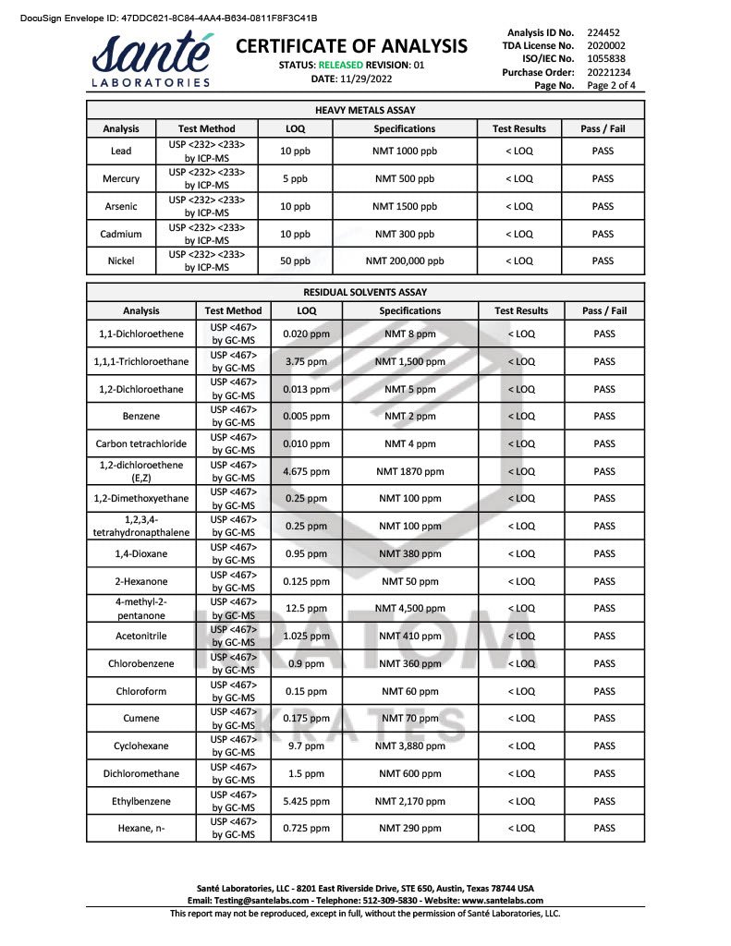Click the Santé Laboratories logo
coord(153,60)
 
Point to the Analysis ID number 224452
coord(603,32)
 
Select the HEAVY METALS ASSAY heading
coord(365,110)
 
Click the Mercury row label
coord(121,178)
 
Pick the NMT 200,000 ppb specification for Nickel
coord(405,261)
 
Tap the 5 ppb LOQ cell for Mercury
coord(295,178)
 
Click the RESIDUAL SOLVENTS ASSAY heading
coord(365,292)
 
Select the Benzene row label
coord(140,416)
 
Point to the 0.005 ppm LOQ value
coord(306,416)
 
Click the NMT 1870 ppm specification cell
coord(410,471)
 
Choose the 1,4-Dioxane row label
coord(140,553)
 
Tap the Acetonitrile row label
coord(140,636)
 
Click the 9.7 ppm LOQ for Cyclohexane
coord(306,746)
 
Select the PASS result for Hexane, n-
coord(604,828)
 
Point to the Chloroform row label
coord(140,691)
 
